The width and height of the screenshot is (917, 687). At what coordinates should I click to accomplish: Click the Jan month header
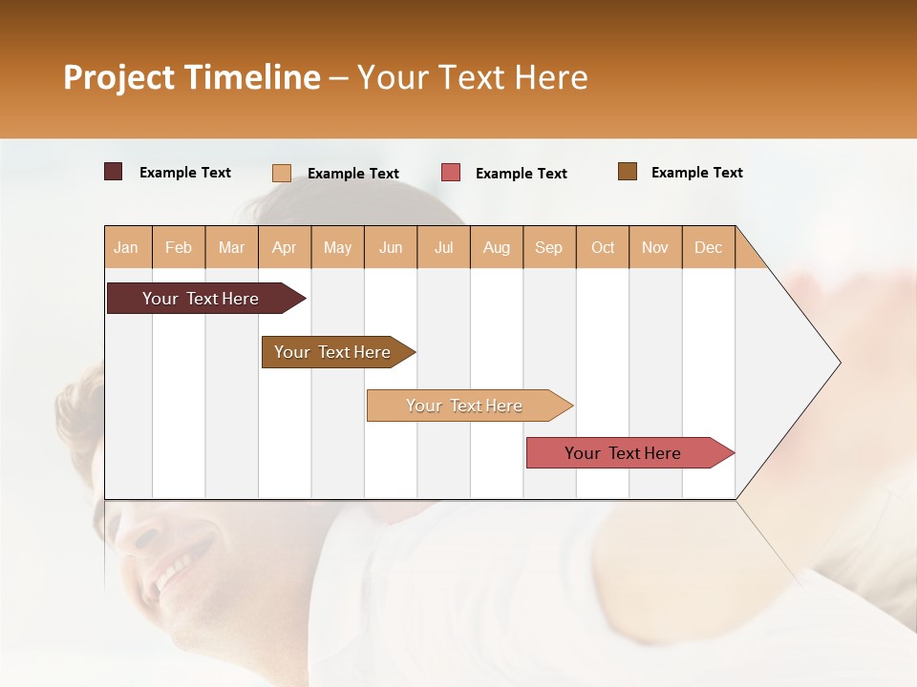[x=126, y=247]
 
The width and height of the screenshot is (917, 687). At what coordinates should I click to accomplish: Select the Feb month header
[x=179, y=247]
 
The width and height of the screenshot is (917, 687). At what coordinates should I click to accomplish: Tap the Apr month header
[x=284, y=247]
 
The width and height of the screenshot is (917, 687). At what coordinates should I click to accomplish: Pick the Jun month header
[x=391, y=247]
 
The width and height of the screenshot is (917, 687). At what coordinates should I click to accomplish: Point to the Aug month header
[x=496, y=247]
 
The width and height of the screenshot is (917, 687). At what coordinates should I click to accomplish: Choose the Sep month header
[x=548, y=247]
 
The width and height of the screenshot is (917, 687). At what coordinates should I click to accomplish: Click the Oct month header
[x=603, y=247]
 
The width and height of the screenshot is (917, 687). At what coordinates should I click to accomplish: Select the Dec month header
[x=708, y=247]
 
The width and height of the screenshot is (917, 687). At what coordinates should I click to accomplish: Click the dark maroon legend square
[x=113, y=172]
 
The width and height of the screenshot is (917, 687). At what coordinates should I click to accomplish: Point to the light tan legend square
[x=281, y=173]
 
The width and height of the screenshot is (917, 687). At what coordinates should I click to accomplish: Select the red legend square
[x=451, y=173]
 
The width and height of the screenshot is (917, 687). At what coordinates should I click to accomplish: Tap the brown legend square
[x=628, y=172]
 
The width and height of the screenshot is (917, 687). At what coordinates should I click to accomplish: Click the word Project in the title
[x=117, y=77]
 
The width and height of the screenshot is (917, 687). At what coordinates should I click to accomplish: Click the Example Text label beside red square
[x=521, y=174]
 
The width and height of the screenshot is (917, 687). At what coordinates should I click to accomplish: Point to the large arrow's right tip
[x=839, y=363]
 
